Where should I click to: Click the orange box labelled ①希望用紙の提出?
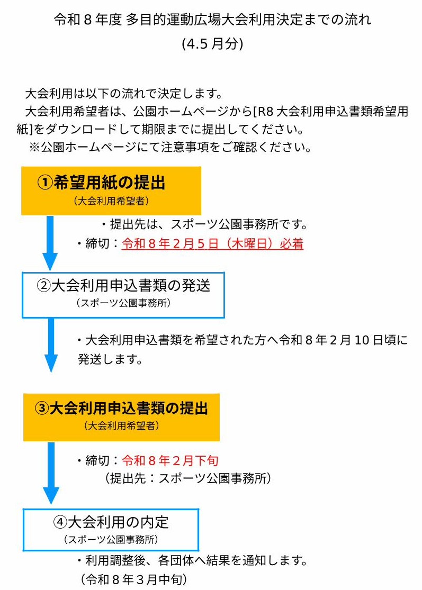click(111, 190)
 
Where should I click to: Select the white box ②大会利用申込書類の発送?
click(123, 295)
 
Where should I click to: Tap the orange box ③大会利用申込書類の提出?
click(121, 417)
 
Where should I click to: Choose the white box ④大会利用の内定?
click(111, 530)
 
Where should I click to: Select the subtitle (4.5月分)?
click(212, 44)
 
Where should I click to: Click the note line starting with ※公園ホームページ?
click(169, 147)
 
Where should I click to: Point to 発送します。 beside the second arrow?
click(109, 360)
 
